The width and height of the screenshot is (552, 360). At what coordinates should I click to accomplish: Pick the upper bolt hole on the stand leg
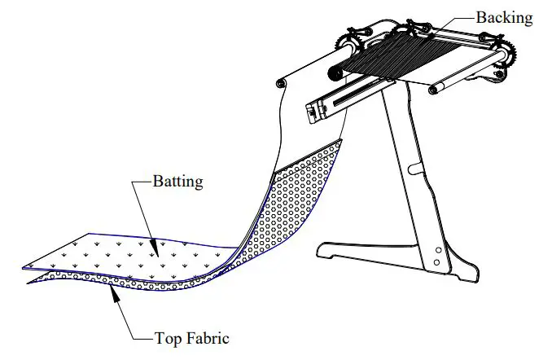point(439,249)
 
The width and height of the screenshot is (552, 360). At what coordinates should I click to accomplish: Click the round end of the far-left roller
point(282,82)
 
